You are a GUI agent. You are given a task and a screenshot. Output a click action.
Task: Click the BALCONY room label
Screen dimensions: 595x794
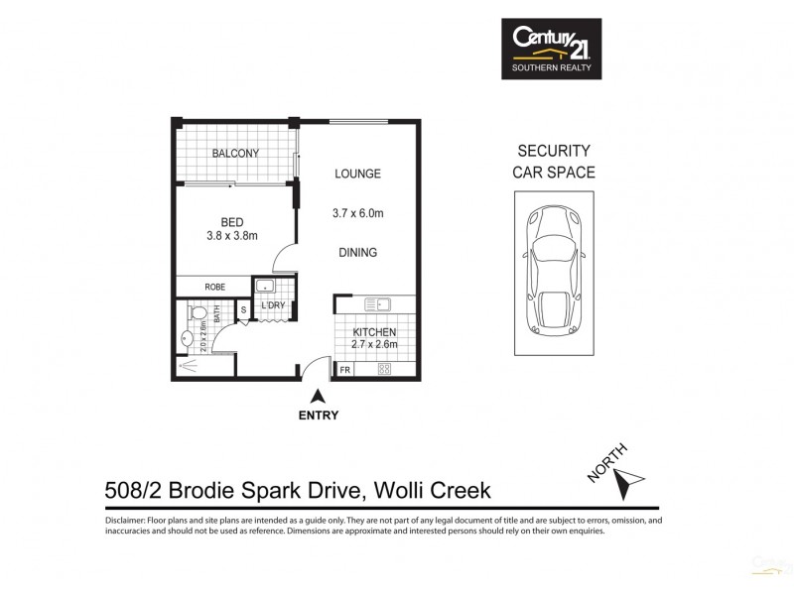click(235, 154)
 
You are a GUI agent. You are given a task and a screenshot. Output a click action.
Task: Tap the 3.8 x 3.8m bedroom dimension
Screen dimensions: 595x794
click(231, 235)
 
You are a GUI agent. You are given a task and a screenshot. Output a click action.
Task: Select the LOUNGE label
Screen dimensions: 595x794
click(356, 174)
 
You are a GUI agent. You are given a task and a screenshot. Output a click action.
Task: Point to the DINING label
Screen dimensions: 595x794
click(356, 253)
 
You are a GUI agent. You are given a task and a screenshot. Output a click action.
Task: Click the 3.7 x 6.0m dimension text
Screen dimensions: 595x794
click(356, 212)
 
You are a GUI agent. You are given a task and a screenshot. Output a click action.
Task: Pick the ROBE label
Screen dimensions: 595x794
click(214, 287)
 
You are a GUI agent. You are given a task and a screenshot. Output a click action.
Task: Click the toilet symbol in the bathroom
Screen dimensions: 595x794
click(198, 313)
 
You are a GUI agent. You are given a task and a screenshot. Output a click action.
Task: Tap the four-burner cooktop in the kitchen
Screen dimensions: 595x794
click(385, 370)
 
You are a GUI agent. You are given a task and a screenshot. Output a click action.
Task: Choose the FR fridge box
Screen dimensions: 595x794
click(345, 370)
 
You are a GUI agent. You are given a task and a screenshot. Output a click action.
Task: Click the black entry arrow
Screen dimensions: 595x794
click(318, 396)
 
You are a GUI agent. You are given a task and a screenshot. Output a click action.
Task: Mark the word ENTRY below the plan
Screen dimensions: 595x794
click(318, 416)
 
